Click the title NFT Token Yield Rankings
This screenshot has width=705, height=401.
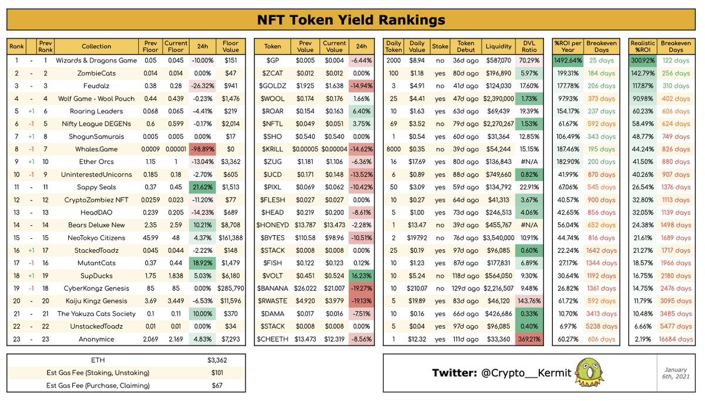click(352, 20)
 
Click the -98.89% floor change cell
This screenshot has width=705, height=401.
click(202, 149)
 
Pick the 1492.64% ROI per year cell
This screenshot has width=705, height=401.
click(568, 60)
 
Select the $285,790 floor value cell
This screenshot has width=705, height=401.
click(227, 288)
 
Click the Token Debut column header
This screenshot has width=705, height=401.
click(466, 46)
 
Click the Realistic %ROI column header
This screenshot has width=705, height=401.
click(643, 46)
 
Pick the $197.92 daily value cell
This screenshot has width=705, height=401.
click(417, 238)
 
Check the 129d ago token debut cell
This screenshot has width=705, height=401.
click(466, 288)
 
